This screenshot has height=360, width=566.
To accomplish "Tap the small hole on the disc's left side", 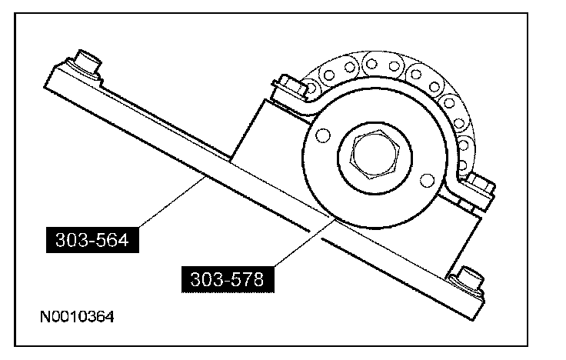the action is [321, 137].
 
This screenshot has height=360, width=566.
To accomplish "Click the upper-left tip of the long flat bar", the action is [48, 73].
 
